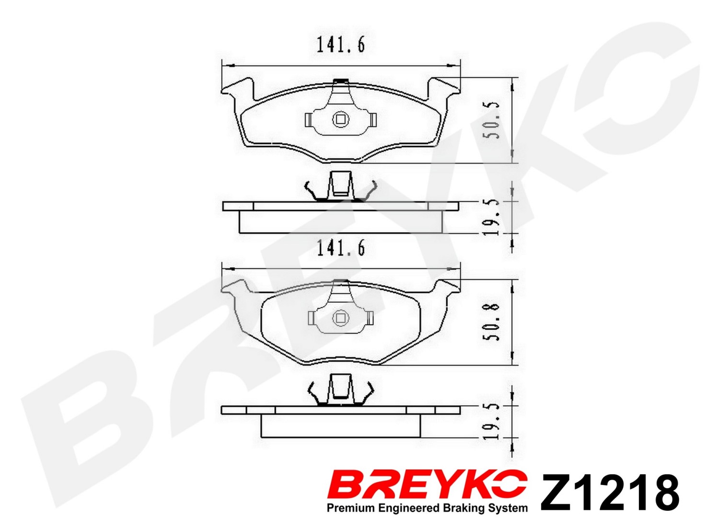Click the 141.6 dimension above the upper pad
[x=341, y=45]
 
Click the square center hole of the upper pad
[x=340, y=120]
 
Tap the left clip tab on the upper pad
[x=309, y=120]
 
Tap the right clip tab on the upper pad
[x=372, y=120]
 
